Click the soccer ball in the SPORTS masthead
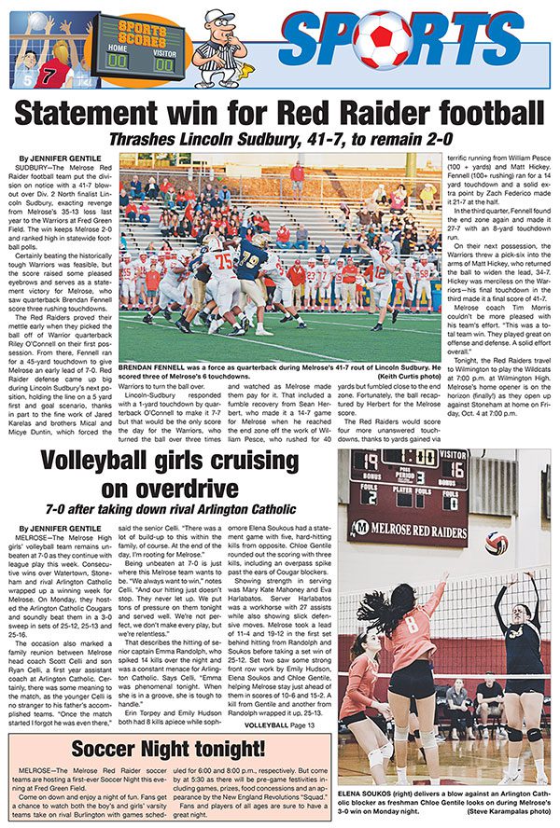pos(382,40)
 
